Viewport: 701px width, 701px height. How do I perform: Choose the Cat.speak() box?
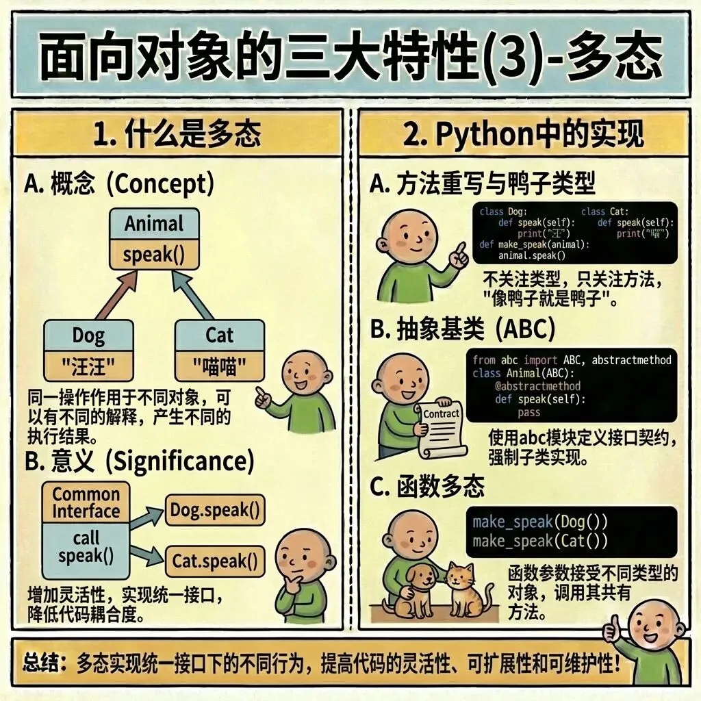[x=215, y=561]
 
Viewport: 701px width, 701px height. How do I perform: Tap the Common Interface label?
[x=86, y=503]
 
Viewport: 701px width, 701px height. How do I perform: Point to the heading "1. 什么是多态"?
[x=177, y=133]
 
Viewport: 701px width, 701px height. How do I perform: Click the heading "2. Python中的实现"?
[x=523, y=133]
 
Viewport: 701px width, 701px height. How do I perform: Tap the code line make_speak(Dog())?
[x=540, y=522]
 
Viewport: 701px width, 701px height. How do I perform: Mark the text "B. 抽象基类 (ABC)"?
[x=462, y=330]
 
